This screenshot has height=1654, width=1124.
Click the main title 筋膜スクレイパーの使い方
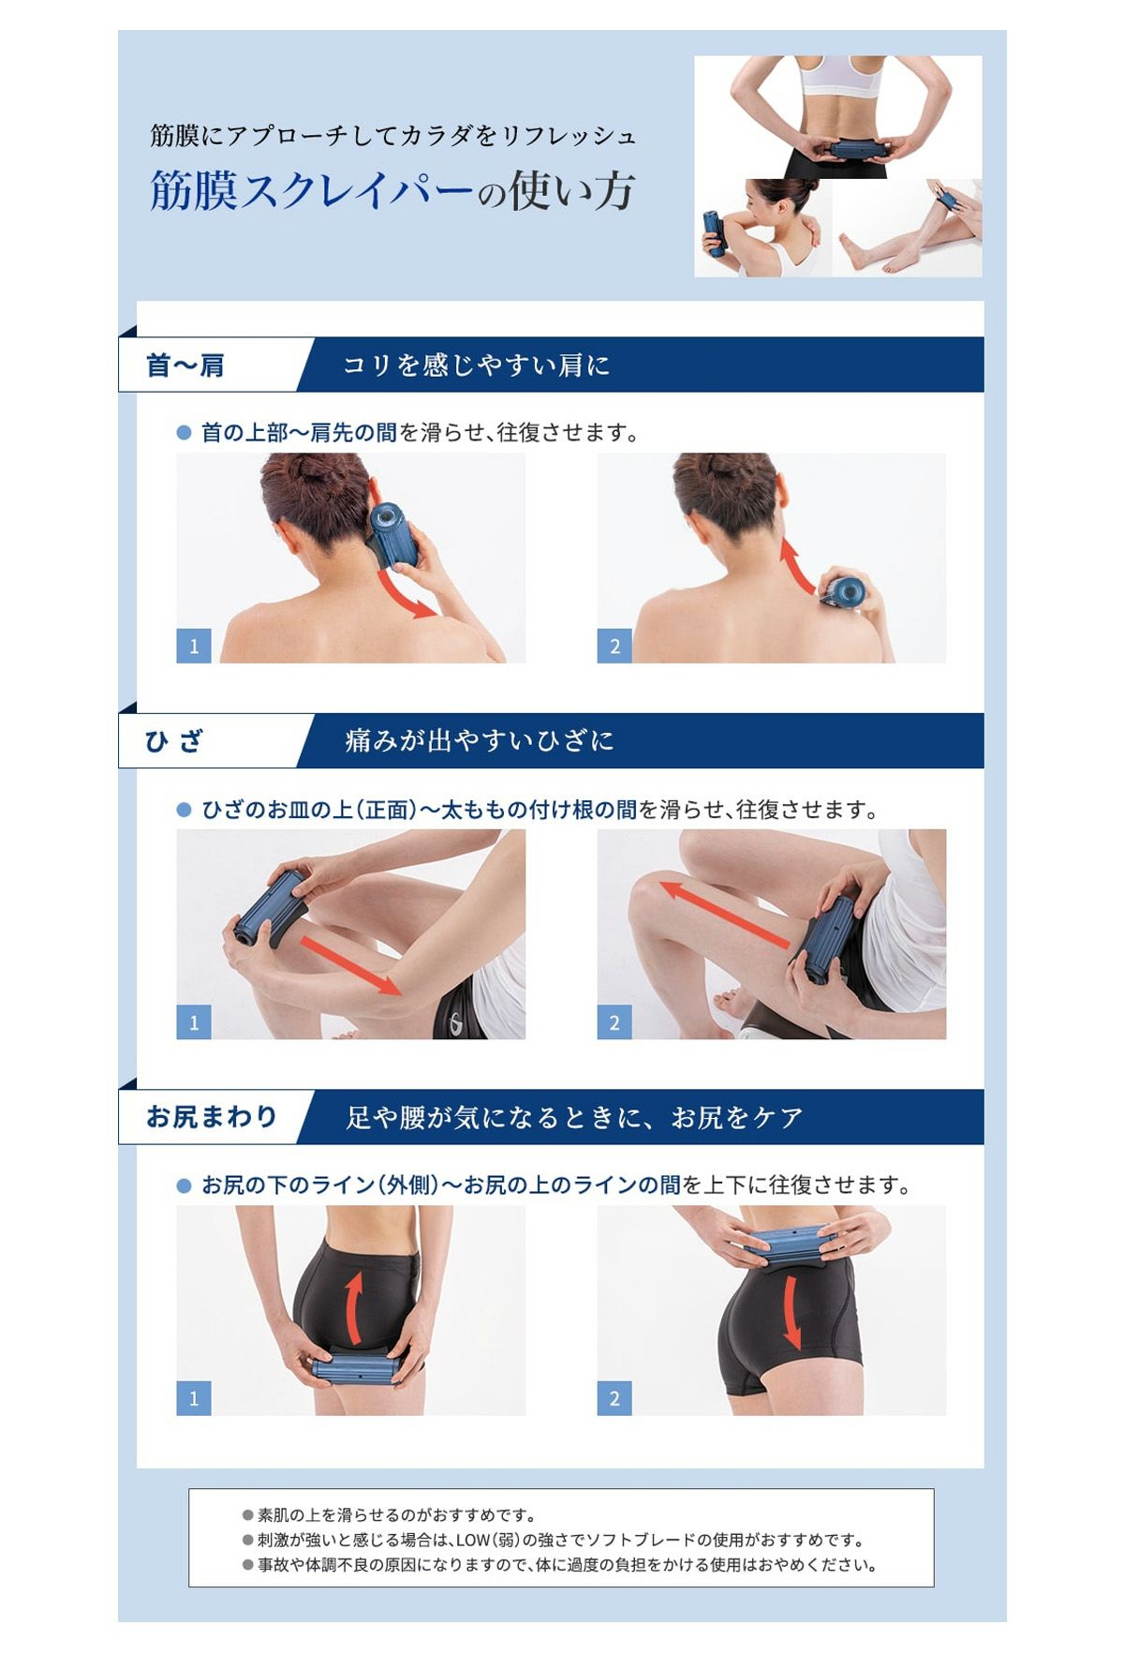tap(392, 191)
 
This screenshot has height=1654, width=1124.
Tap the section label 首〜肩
tap(185, 365)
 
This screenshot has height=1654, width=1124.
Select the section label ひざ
tap(174, 741)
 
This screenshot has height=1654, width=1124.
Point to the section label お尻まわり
tap(212, 1117)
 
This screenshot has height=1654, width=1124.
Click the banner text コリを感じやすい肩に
tap(477, 365)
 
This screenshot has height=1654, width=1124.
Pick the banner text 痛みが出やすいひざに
tap(479, 741)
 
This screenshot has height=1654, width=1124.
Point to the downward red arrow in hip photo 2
tap(791, 1312)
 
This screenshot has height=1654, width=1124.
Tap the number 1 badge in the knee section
tap(194, 1022)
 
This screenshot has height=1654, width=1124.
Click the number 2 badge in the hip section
tap(614, 1398)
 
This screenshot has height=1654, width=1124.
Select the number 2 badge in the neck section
tap(614, 646)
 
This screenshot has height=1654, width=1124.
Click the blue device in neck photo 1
tap(392, 534)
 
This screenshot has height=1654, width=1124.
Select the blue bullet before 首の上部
tap(184, 433)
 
